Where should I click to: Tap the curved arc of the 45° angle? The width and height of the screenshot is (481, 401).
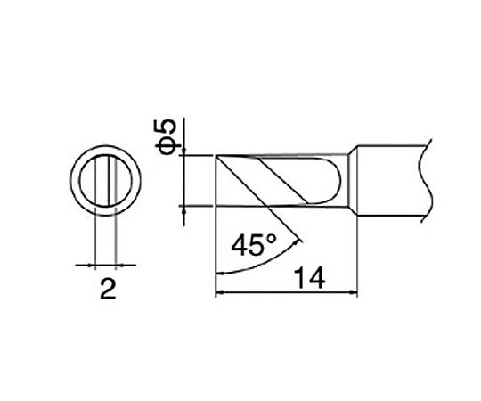[x=258, y=263]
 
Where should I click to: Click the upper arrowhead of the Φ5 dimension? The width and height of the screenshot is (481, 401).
[x=184, y=153]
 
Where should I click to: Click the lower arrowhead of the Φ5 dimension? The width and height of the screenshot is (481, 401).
[x=184, y=209]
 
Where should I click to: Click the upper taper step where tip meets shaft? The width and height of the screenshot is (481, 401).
[x=348, y=151]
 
